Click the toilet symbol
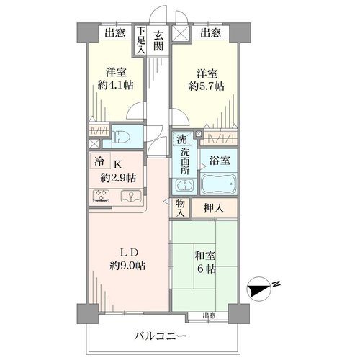[122, 138]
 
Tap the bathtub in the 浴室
[218, 184]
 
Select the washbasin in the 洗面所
[184, 186]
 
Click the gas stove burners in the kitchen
[101, 196]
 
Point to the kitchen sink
[130, 196]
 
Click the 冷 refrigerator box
[100, 161]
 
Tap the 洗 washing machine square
[182, 139]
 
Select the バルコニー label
[160, 336]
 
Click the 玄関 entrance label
[158, 40]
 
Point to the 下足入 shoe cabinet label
[141, 40]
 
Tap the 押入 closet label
[214, 208]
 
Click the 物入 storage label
[181, 208]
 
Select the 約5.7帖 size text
[207, 86]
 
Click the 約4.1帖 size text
[116, 85]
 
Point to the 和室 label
[204, 256]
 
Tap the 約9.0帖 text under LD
[127, 265]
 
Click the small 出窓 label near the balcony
[209, 315]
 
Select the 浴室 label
[220, 160]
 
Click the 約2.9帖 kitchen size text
[118, 178]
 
